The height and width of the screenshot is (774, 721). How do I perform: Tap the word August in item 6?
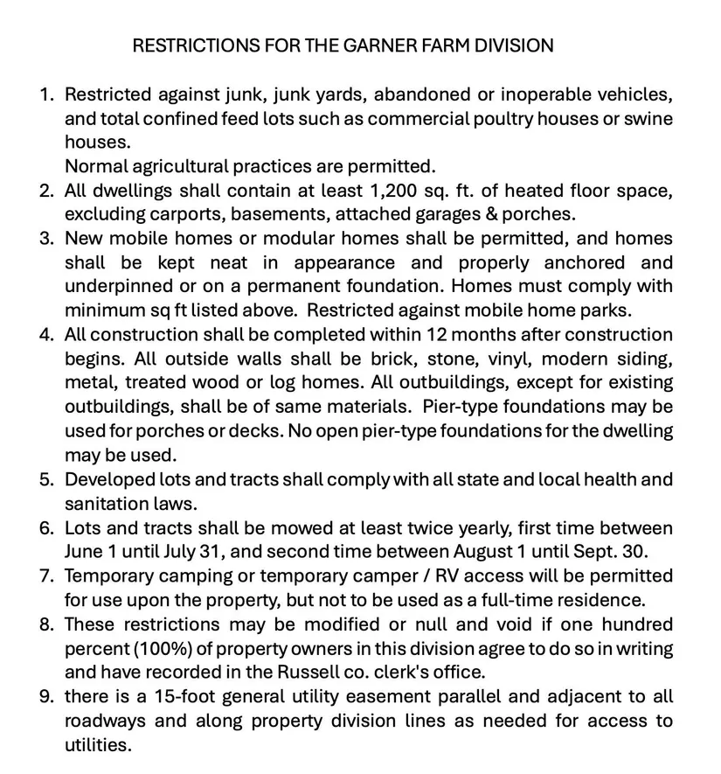(486, 552)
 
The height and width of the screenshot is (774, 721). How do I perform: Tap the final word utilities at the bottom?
(97, 745)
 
